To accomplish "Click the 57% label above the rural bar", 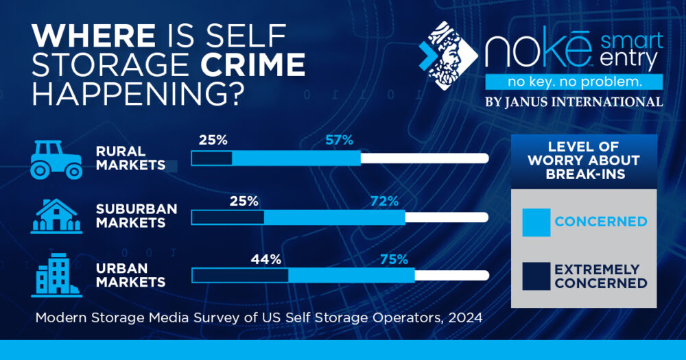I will (x=339, y=141).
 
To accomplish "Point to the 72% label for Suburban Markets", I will (x=384, y=201).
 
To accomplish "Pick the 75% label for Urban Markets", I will (x=394, y=260).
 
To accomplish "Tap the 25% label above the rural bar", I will (x=213, y=141).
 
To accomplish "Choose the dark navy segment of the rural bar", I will (x=211, y=158).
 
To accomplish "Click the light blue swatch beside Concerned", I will (x=536, y=222).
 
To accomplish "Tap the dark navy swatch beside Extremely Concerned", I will (x=536, y=276).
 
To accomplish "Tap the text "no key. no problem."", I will (x=573, y=82).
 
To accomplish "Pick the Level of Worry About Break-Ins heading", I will (x=584, y=160).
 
